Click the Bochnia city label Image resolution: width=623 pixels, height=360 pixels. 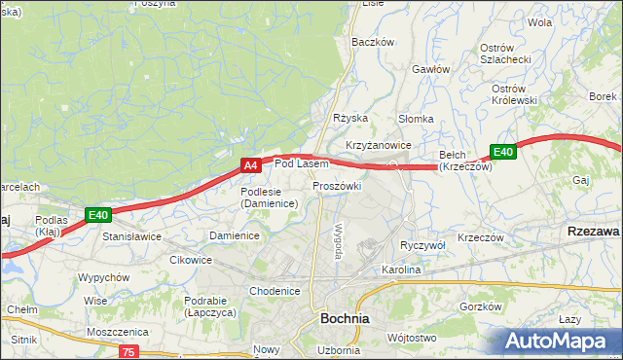(344, 318)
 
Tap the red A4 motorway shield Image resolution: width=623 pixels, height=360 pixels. (250, 166)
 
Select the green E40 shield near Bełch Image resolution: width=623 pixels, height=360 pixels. (502, 152)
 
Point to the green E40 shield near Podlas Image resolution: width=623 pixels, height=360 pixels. (97, 214)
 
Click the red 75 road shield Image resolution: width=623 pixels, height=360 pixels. (130, 351)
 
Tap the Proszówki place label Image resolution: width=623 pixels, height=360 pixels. (337, 186)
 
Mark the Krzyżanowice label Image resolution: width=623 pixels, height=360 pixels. (378, 145)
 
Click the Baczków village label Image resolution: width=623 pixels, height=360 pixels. (372, 42)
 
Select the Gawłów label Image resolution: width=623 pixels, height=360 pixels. (430, 69)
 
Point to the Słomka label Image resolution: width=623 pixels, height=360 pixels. (416, 119)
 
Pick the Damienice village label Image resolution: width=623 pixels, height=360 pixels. (235, 236)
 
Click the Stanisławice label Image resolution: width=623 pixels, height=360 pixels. (131, 236)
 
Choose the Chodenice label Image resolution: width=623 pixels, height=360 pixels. (275, 291)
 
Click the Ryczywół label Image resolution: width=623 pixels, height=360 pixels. (422, 246)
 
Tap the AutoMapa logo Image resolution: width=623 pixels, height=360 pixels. (557, 341)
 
